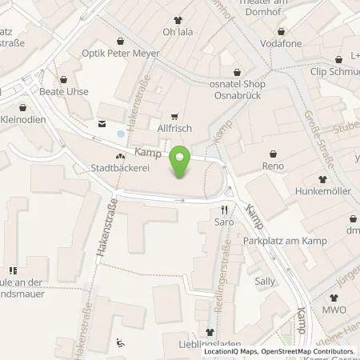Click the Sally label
264,282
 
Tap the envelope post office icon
102,123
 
